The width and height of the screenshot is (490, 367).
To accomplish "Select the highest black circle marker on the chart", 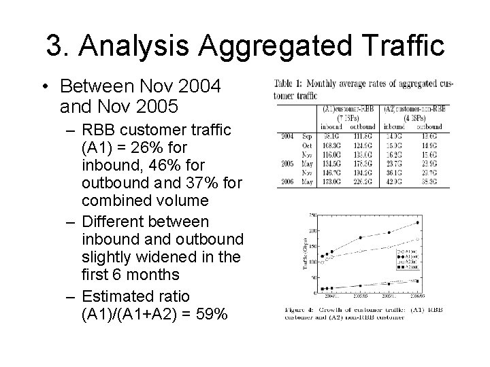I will (417, 223).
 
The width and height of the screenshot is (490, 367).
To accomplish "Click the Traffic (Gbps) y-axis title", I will (306, 254).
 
